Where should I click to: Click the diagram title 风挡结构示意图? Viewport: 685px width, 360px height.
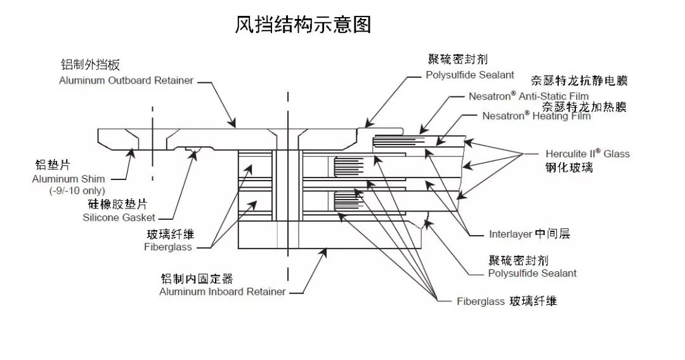click(x=303, y=25)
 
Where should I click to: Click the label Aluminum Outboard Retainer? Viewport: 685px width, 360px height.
click(x=126, y=80)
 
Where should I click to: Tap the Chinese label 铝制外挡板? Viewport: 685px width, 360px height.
click(x=90, y=65)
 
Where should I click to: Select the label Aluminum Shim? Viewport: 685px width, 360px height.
click(x=68, y=179)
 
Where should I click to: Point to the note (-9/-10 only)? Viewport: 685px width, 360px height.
click(x=77, y=191)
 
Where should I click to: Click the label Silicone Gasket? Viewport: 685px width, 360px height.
click(x=119, y=217)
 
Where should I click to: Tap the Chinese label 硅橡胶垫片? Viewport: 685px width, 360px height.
click(x=117, y=205)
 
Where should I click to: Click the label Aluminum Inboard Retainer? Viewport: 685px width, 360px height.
click(x=223, y=292)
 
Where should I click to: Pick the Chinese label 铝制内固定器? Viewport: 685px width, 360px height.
click(x=197, y=279)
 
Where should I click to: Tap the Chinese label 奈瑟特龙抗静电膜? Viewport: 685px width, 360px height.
click(x=578, y=81)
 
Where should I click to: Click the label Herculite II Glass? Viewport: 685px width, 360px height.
click(x=587, y=154)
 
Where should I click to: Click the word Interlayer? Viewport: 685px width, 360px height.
click(x=511, y=234)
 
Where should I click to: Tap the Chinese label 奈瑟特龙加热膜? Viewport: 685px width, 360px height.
click(x=584, y=106)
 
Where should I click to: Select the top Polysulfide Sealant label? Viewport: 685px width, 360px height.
click(x=469, y=75)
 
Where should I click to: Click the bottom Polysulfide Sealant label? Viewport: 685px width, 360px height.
click(x=532, y=273)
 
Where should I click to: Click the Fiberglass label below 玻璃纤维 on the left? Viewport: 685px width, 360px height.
click(x=167, y=247)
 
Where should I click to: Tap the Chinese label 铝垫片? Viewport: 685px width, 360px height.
click(x=53, y=165)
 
